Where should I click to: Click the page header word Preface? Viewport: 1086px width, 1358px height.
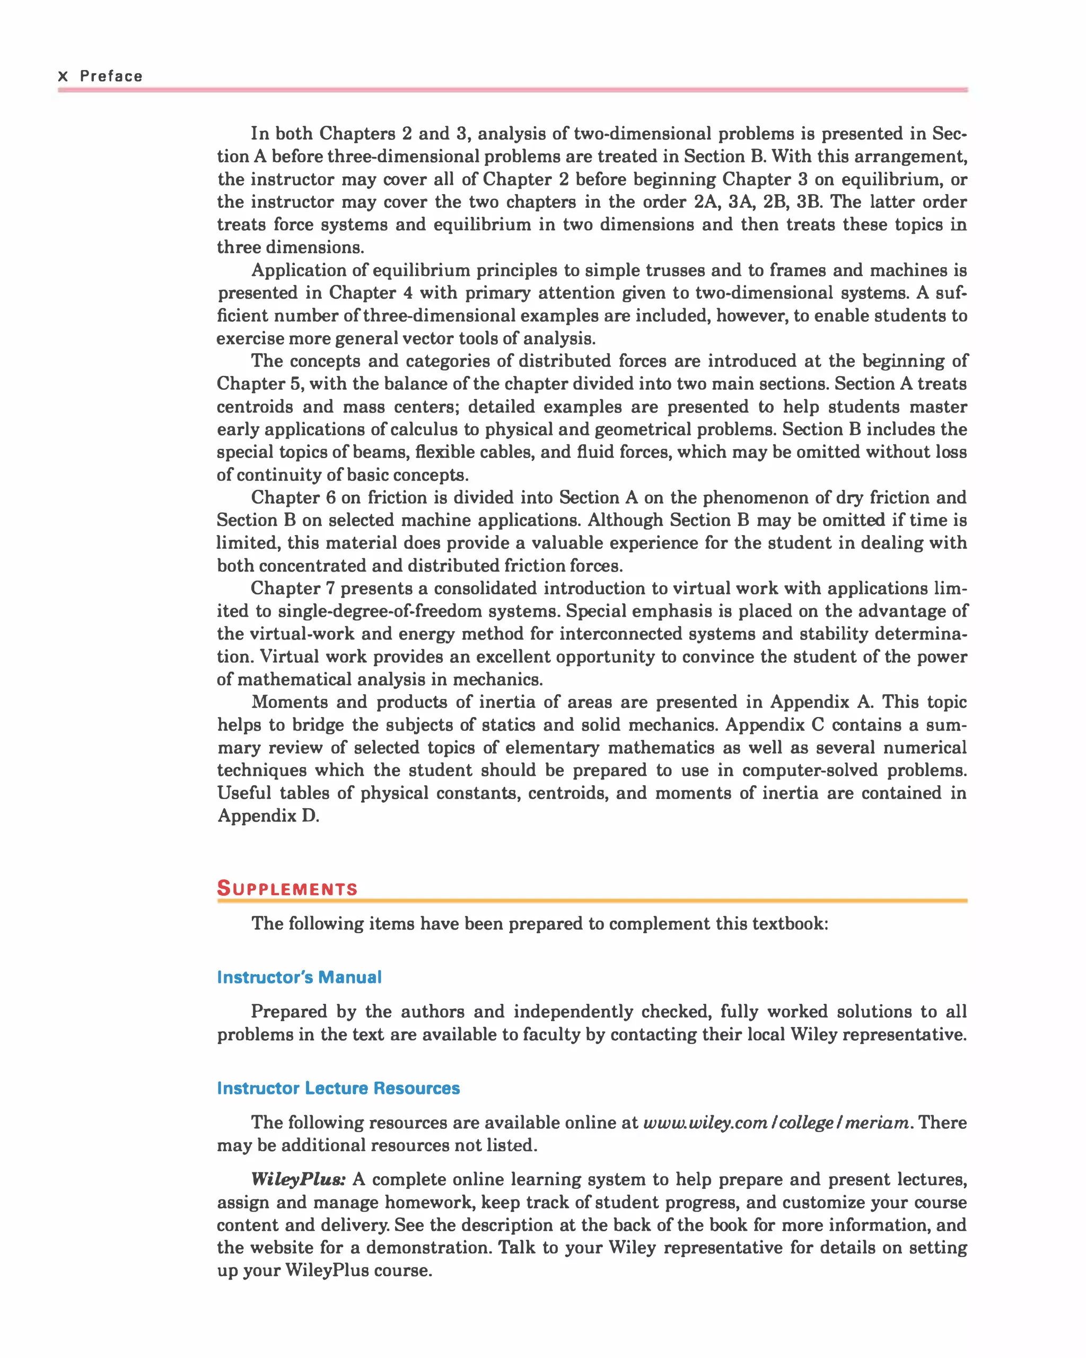point(111,76)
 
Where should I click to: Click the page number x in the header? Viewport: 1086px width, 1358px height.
point(63,77)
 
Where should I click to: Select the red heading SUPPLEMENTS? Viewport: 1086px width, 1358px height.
point(287,889)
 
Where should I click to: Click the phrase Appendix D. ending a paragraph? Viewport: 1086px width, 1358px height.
point(268,816)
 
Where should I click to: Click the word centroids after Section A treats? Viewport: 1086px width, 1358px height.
point(255,407)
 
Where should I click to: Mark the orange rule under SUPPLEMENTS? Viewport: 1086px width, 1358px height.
point(592,901)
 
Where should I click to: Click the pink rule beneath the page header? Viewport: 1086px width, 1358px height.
point(513,90)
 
